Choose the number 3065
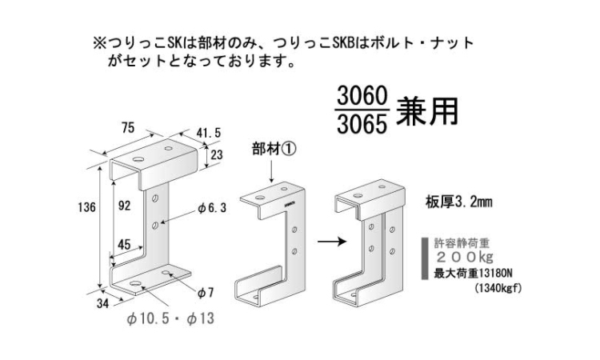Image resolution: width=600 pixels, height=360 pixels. coord(362,125)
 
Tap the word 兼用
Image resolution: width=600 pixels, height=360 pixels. coord(427,111)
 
